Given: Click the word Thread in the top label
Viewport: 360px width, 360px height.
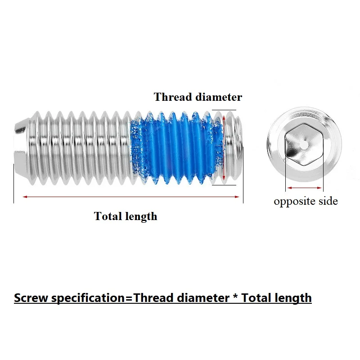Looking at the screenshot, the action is (x=173, y=97).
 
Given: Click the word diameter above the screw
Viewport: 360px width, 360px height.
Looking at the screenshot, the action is (x=219, y=97).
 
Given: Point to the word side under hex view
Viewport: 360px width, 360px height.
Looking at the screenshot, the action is (x=328, y=201).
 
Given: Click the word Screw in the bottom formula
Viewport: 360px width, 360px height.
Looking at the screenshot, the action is (x=31, y=298).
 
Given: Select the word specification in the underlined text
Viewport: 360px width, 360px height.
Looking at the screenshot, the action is (x=88, y=298).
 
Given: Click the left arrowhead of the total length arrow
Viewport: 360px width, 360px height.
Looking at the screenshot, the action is (x=25, y=197).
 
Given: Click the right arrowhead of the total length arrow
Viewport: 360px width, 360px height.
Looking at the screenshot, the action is (x=237, y=197).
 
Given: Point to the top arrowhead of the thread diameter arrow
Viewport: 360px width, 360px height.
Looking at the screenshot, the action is (x=224, y=117).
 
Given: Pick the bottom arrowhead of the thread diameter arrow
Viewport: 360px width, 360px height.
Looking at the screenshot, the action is (x=224, y=178).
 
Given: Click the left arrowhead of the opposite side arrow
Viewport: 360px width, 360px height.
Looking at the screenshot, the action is (x=289, y=188).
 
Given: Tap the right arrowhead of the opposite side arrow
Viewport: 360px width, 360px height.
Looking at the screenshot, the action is (x=319, y=188).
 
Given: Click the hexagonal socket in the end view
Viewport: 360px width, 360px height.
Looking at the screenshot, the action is (x=304, y=144).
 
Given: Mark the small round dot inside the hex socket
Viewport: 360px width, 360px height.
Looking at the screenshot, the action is (x=304, y=145).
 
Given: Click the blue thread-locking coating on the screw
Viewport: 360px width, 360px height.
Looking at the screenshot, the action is (x=176, y=148).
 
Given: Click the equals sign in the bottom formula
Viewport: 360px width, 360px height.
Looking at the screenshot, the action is (x=129, y=298).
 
